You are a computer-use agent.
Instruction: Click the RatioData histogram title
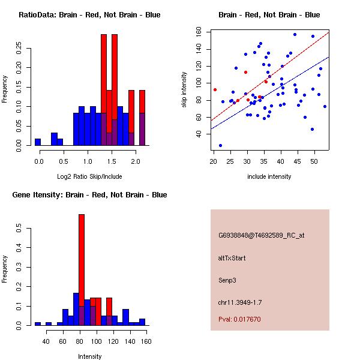(x=89, y=15)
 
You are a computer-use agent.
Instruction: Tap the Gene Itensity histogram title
(x=89, y=195)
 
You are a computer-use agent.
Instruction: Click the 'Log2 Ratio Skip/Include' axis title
(x=89, y=176)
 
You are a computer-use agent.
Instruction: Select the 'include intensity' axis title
(x=269, y=176)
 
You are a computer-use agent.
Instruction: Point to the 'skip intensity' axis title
(x=184, y=89)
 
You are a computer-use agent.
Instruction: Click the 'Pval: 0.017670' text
(x=239, y=319)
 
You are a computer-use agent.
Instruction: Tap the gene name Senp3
(x=227, y=280)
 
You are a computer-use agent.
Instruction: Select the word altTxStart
(x=232, y=258)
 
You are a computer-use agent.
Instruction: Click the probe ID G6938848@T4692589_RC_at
(x=261, y=235)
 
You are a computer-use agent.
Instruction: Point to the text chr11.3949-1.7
(x=240, y=302)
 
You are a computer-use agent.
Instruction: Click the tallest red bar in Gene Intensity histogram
(x=82, y=270)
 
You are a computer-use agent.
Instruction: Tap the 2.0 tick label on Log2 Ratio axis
(x=136, y=161)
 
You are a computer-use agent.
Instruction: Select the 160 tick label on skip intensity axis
(x=199, y=31)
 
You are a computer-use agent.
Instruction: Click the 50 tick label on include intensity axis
(x=314, y=161)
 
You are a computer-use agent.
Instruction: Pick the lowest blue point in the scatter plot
(x=220, y=146)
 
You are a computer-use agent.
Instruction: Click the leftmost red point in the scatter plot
(x=215, y=90)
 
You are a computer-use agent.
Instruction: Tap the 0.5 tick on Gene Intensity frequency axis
(x=19, y=228)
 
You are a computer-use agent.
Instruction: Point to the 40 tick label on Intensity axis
(x=46, y=341)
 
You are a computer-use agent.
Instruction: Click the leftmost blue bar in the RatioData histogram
(x=38, y=142)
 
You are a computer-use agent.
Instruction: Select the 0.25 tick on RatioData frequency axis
(x=19, y=48)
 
